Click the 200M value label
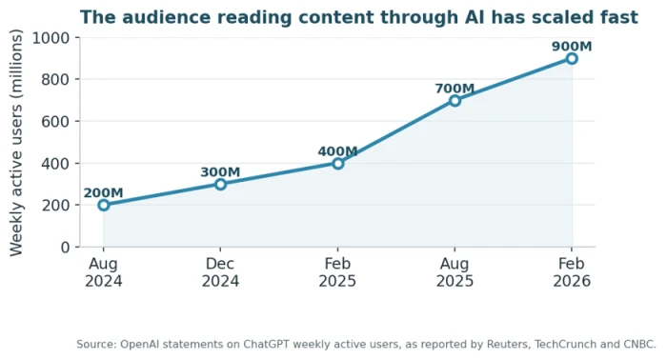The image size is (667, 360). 103,193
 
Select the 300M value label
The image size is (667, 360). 220,172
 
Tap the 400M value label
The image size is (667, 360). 337,151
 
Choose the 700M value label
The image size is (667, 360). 455,89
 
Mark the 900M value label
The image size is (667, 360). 572,47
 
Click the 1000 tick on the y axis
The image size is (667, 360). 51,38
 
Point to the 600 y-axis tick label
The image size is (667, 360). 55,122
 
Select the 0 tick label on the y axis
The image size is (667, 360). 65,247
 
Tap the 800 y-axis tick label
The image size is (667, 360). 55,79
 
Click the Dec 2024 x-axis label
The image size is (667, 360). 220,272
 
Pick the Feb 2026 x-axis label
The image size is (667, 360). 572,272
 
